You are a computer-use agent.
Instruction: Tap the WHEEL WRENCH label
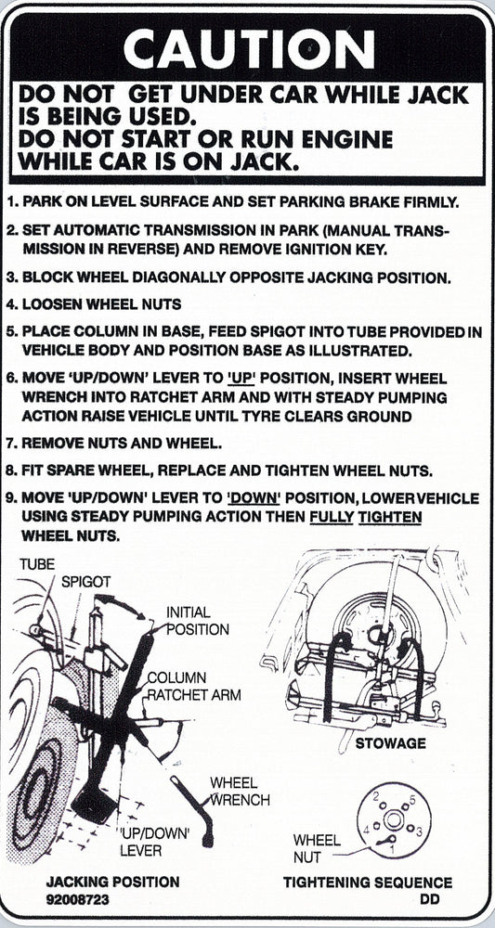click(x=240, y=791)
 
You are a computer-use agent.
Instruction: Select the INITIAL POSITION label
click(x=197, y=621)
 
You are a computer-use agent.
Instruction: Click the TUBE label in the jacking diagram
click(x=36, y=564)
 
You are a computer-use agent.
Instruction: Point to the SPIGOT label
click(x=86, y=582)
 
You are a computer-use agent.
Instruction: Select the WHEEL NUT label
click(x=316, y=849)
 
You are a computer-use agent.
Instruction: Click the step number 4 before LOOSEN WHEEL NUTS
click(x=10, y=303)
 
